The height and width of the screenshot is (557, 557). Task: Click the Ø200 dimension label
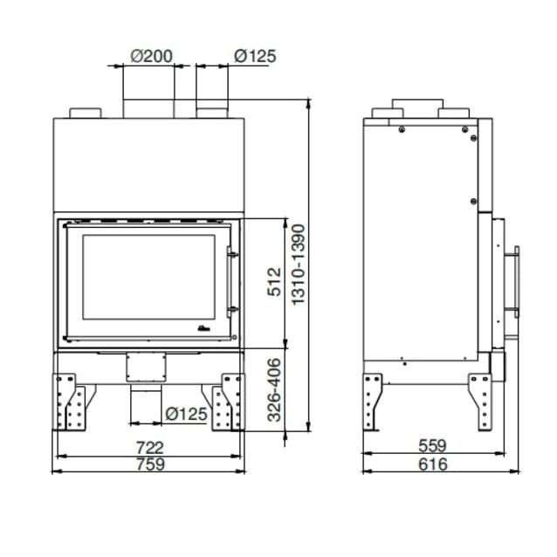(x=151, y=56)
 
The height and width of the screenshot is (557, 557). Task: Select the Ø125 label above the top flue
(x=255, y=56)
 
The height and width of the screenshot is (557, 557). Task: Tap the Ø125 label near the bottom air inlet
(x=187, y=414)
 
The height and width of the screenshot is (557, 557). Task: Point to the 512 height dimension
(x=274, y=282)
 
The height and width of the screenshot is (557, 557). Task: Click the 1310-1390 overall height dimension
(x=298, y=265)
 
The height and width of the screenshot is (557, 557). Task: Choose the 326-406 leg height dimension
(x=274, y=389)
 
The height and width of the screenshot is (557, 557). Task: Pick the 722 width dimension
(x=150, y=448)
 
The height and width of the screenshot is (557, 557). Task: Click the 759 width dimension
(x=151, y=464)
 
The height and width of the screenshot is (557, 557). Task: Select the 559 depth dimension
(x=432, y=445)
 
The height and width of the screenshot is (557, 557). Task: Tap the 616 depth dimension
(x=433, y=464)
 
